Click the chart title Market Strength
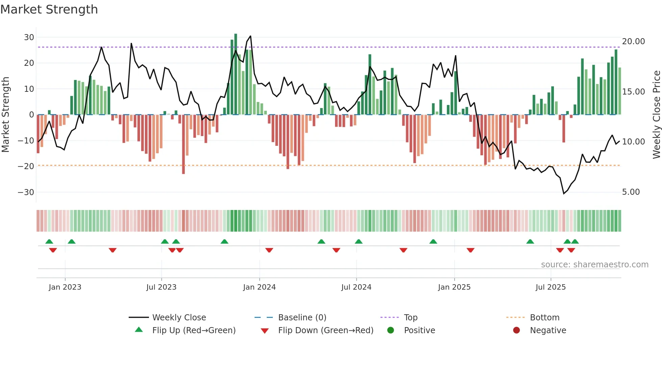[49, 9]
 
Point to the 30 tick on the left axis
[29, 37]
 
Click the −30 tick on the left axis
[26, 192]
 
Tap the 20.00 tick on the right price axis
[633, 41]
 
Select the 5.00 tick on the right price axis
[631, 192]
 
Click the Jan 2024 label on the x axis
[259, 287]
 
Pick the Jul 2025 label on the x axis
[550, 287]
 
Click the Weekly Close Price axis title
[656, 114]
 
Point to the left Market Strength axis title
[5, 114]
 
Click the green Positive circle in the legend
[390, 330]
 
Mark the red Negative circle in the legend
[516, 330]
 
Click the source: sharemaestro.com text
[594, 264]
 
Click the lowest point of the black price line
[564, 193]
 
